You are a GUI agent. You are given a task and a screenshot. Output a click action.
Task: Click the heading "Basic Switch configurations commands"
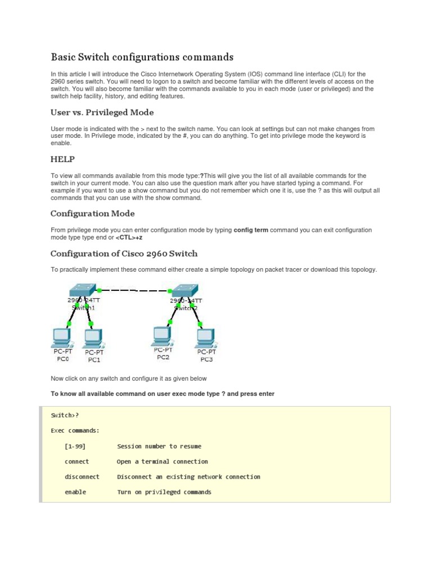pyautogui.click(x=142, y=57)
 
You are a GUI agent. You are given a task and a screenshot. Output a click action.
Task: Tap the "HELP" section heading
pyautogui.click(x=62, y=159)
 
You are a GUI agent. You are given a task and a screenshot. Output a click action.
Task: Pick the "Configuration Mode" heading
pyautogui.click(x=92, y=213)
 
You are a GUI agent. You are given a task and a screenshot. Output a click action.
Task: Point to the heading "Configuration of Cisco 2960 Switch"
pyautogui.click(x=124, y=253)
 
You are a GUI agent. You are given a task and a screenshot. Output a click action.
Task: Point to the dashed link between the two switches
pyautogui.click(x=134, y=290)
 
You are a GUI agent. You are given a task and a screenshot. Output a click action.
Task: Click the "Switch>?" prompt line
pyautogui.click(x=65, y=415)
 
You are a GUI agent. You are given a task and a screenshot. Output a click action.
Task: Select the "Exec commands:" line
pyautogui.click(x=75, y=430)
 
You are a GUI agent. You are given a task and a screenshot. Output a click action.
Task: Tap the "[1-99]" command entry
pyautogui.click(x=75, y=446)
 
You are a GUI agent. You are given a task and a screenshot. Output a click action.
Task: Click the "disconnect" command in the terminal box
pyautogui.click(x=82, y=476)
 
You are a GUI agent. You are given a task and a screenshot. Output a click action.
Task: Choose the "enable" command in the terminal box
pyautogui.click(x=75, y=492)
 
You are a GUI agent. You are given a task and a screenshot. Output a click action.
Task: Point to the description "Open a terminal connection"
pyautogui.click(x=162, y=461)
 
